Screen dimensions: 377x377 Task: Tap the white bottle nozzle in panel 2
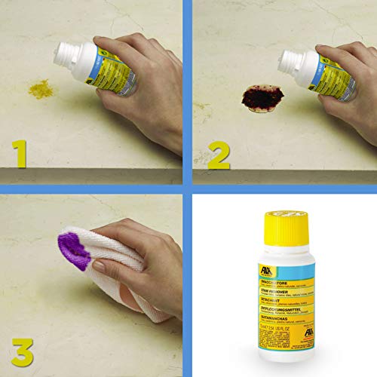288,60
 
